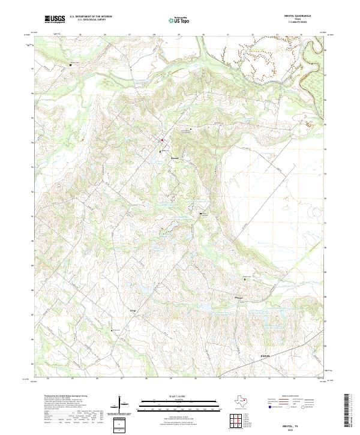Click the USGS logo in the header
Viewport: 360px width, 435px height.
55,20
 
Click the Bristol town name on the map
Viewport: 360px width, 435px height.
175,158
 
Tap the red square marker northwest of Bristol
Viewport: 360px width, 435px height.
161,140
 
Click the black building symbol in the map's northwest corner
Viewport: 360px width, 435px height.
70,64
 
